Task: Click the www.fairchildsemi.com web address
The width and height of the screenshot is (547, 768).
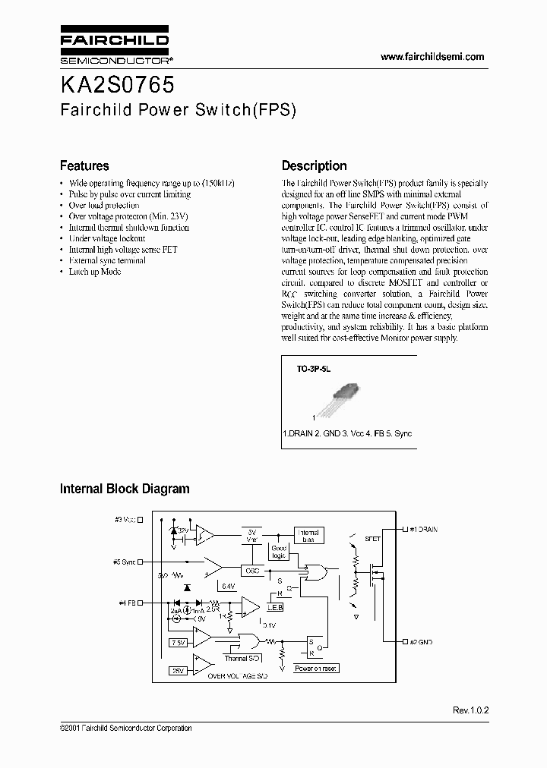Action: pos(432,57)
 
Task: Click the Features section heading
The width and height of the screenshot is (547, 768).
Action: pos(84,165)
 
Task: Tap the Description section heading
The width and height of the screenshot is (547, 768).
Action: pos(314,165)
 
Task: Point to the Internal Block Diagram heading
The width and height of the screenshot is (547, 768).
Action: pos(125,489)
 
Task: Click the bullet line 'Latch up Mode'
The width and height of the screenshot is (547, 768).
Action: pos(94,271)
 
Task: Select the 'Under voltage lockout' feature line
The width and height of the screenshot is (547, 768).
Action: pos(106,238)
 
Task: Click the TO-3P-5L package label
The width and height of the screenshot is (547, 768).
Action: pos(314,368)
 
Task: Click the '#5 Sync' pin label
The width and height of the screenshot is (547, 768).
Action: pos(127,562)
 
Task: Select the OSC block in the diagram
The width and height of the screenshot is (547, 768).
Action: pos(251,569)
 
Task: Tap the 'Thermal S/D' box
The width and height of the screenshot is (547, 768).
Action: pos(242,658)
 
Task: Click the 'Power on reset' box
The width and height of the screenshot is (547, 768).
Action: pos(316,669)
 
